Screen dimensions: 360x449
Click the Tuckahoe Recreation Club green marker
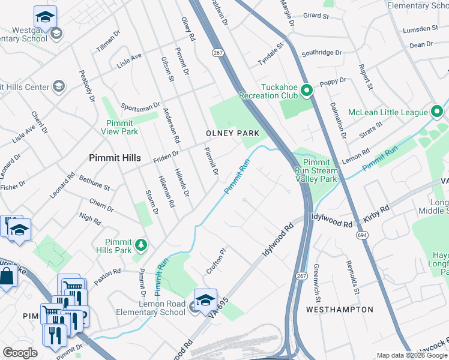(306, 91)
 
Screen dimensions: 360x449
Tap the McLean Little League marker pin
(437, 112)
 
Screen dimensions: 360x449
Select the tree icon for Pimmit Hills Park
(141, 244)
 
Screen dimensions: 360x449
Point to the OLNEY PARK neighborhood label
(232, 133)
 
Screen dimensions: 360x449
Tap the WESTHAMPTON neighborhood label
(339, 310)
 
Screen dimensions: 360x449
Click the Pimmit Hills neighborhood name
(115, 158)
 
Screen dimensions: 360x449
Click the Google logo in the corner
(20, 352)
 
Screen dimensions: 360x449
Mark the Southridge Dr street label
(322, 53)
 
